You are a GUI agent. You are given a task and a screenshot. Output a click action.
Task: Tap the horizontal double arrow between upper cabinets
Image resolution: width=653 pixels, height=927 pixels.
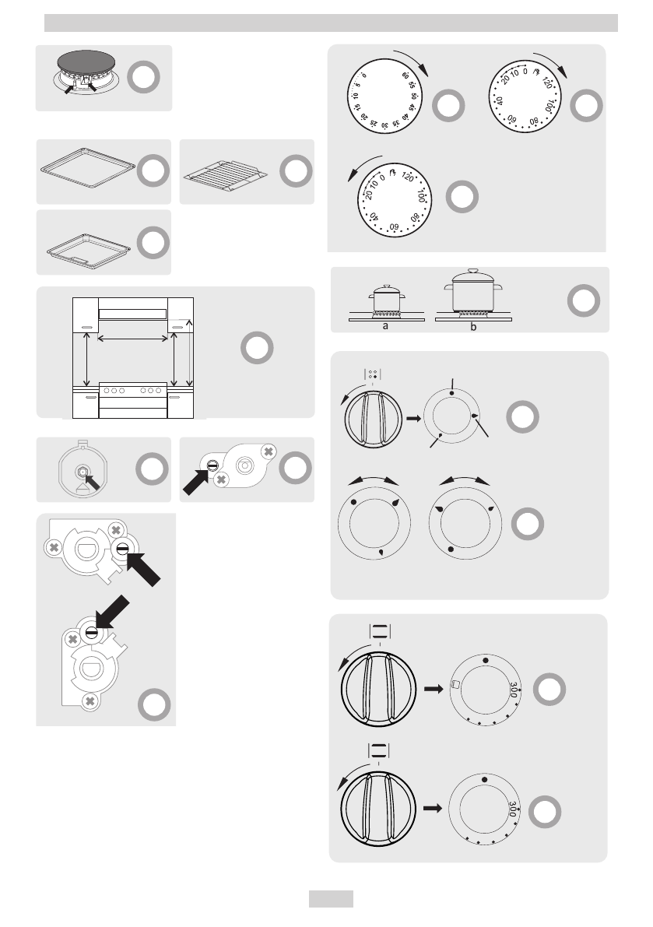(133, 338)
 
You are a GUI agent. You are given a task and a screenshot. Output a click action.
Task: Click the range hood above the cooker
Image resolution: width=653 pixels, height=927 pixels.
(133, 314)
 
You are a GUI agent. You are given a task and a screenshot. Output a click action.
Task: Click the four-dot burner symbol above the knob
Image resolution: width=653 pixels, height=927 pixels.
(373, 374)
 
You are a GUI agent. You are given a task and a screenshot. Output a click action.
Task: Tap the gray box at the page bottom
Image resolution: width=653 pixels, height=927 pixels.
(331, 899)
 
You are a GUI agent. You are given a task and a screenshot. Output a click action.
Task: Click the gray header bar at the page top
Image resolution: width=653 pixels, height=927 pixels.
(330, 23)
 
